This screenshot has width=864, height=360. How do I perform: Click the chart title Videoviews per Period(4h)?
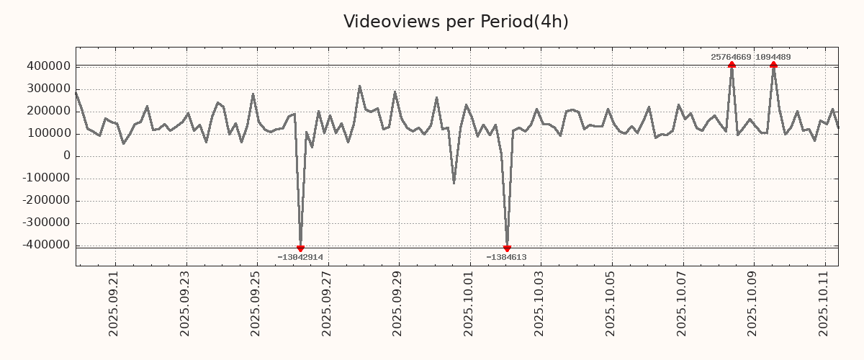pyautogui.click(x=456, y=22)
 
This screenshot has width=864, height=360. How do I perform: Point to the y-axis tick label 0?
pyautogui.click(x=67, y=156)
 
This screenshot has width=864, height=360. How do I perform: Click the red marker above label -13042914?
pyautogui.click(x=300, y=248)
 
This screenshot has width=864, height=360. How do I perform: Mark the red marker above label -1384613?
pyautogui.click(x=507, y=248)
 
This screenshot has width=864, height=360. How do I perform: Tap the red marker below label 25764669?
pyautogui.click(x=732, y=65)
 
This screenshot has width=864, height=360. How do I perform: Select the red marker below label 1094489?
pyautogui.click(x=773, y=65)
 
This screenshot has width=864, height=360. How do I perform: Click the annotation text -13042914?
pyautogui.click(x=300, y=257)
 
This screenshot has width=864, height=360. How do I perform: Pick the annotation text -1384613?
pyautogui.click(x=506, y=257)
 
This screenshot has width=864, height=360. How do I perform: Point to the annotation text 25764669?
pyautogui.click(x=731, y=57)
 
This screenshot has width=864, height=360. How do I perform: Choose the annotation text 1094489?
pyautogui.click(x=773, y=57)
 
